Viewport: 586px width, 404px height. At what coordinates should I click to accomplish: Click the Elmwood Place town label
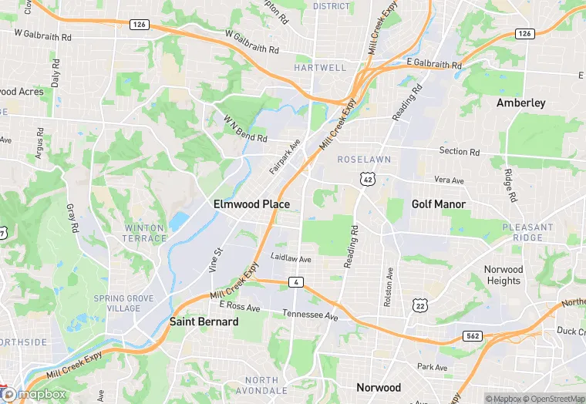click(x=251, y=204)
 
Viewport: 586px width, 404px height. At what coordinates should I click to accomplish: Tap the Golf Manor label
click(x=438, y=204)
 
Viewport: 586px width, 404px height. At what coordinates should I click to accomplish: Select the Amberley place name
click(x=520, y=103)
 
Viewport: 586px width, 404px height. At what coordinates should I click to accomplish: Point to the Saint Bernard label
click(x=204, y=322)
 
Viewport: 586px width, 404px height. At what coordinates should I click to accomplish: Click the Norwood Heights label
click(x=503, y=275)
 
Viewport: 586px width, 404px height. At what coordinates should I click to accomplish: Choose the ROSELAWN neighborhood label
click(x=364, y=159)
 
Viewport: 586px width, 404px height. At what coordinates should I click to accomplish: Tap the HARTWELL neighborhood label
click(x=320, y=68)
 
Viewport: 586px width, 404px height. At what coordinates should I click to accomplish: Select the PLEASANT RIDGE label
click(x=527, y=233)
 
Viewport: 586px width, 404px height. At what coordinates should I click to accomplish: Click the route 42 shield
click(x=366, y=179)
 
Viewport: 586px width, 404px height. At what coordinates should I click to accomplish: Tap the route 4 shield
click(x=296, y=283)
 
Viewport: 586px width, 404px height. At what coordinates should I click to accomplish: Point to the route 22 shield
click(x=441, y=306)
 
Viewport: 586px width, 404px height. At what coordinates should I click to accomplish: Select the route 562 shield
click(x=473, y=336)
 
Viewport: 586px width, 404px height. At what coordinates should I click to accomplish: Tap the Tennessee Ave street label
click(x=310, y=316)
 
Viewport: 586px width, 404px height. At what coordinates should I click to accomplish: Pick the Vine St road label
click(x=215, y=260)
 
